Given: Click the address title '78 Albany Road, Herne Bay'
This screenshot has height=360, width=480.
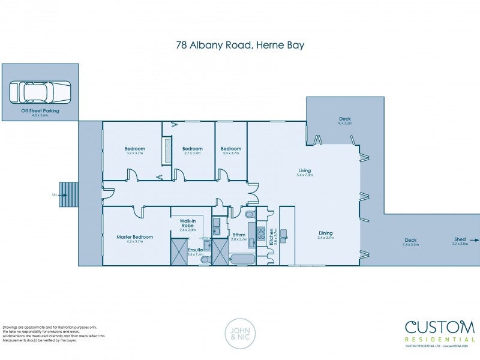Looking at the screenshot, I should pos(240,44).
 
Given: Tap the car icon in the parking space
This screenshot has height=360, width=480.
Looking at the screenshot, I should pos(40,92).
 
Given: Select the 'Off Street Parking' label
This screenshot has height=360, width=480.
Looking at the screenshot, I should pos(40,111).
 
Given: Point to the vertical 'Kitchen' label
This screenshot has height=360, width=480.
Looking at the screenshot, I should pos(272,235).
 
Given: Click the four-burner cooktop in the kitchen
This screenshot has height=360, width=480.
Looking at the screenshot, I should pos(262,233).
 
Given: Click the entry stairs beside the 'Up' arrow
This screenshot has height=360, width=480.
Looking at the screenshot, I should pos(68,195).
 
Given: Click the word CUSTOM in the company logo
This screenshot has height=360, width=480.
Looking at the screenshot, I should pos(439,328).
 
